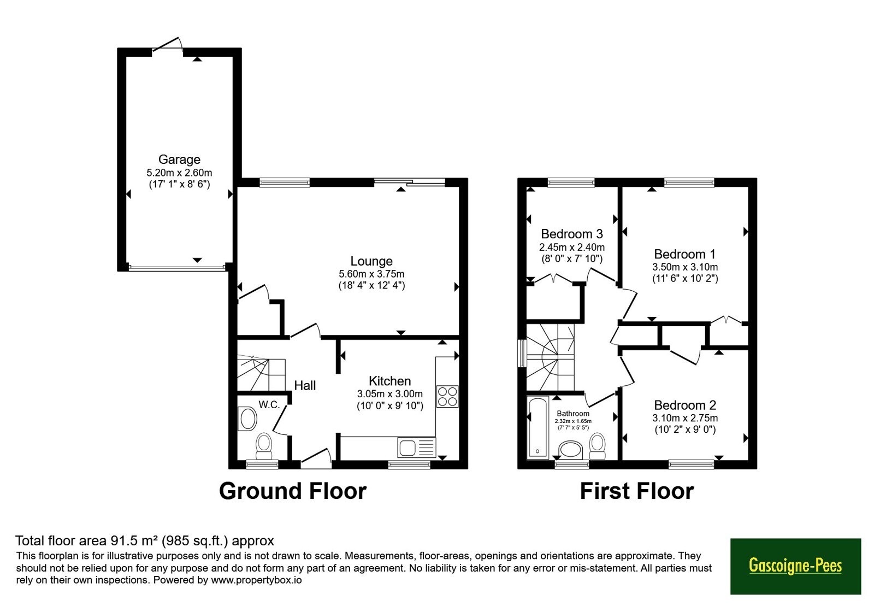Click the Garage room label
179,159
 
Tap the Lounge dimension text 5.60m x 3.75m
371,274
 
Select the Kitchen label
390,380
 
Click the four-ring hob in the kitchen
447,397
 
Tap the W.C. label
269,405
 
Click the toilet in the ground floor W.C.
264,446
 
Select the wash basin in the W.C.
247,419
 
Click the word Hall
305,386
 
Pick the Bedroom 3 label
571,234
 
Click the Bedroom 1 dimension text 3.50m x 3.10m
685,267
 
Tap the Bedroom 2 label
685,405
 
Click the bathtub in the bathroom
538,427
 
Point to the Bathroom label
573,413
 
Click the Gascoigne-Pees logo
795,566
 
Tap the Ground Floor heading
293,491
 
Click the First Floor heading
637,491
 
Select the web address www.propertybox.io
256,580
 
